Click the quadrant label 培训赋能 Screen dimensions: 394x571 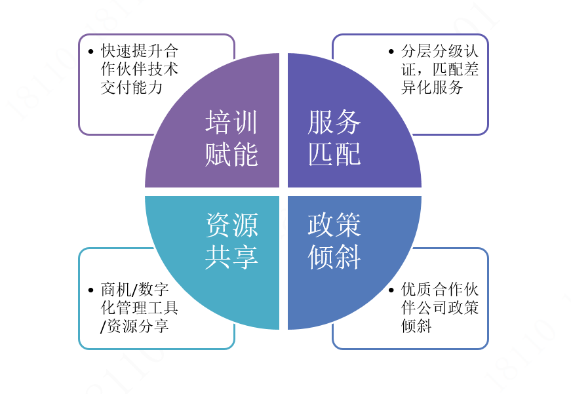pyautogui.click(x=231, y=138)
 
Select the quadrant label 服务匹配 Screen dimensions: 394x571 pyautogui.click(x=334, y=138)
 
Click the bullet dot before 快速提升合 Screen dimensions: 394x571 pyautogui.click(x=90, y=51)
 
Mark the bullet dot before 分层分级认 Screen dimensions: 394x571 pyautogui.click(x=391, y=51)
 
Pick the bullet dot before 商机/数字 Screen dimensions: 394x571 pyautogui.click(x=90, y=290)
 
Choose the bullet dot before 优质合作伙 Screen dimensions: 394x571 pyautogui.click(x=391, y=290)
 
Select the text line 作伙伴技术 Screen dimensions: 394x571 pyautogui.click(x=140, y=69)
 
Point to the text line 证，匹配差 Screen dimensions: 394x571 pyautogui.click(x=440, y=69)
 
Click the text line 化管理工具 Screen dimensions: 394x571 pyautogui.click(x=140, y=307)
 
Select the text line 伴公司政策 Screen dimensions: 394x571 pyautogui.click(x=440, y=307)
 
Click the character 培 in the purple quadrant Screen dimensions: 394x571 pyautogui.click(x=218, y=123)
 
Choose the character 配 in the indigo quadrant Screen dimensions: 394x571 pyautogui.click(x=348, y=154)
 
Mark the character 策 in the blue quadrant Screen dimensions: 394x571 pyautogui.click(x=348, y=226)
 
